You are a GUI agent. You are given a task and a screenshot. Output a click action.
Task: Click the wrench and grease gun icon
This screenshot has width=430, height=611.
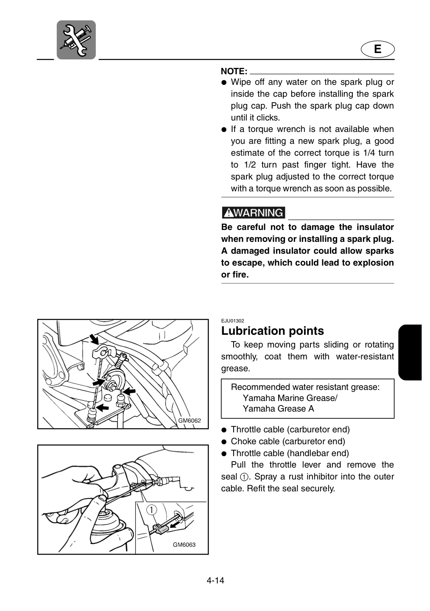coord(76,40)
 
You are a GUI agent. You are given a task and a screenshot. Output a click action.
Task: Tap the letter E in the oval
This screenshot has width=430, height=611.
coord(377,49)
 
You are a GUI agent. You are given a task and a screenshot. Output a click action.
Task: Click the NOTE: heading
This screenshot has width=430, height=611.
coord(234,71)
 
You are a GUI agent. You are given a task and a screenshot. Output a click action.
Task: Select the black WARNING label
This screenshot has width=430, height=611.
coord(253,213)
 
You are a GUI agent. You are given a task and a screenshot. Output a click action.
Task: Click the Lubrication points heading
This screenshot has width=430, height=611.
coord(272,331)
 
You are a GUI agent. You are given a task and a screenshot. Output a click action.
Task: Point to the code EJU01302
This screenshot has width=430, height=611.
coord(232,321)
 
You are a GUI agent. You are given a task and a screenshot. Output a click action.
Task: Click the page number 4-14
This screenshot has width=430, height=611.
coord(215,588)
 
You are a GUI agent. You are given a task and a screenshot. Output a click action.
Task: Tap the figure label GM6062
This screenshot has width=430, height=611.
coord(190,420)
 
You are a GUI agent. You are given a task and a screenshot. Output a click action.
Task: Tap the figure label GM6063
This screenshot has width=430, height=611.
coord(184,545)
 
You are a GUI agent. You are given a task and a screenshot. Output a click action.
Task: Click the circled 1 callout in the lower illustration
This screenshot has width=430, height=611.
coord(152,509)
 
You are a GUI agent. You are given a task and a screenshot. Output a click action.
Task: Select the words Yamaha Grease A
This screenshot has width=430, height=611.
coord(278,409)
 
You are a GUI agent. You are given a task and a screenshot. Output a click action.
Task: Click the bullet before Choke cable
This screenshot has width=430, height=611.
coord(224,442)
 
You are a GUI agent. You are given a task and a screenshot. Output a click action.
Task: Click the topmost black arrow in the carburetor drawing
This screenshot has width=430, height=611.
coord(95,339)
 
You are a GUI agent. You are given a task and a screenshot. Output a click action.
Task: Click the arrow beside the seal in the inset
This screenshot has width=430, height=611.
coord(174,525)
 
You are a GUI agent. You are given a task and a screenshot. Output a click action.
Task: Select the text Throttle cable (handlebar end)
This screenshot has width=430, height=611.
coord(290,453)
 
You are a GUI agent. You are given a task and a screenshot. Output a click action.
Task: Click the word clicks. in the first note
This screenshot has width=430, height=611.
coord(268,118)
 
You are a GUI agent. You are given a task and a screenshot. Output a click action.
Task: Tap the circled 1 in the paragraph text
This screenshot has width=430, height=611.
coord(244,477)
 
